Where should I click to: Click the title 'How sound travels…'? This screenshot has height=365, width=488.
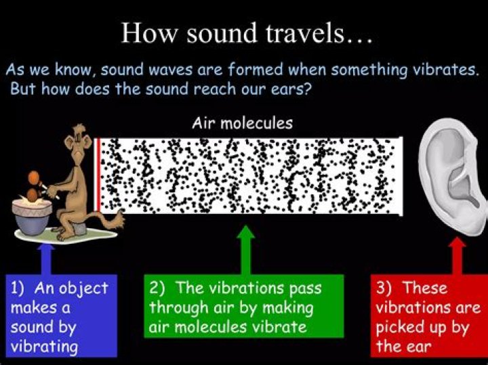(x=246, y=32)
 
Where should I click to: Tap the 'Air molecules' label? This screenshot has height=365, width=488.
(x=242, y=123)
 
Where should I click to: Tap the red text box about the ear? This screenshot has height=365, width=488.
(x=428, y=316)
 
